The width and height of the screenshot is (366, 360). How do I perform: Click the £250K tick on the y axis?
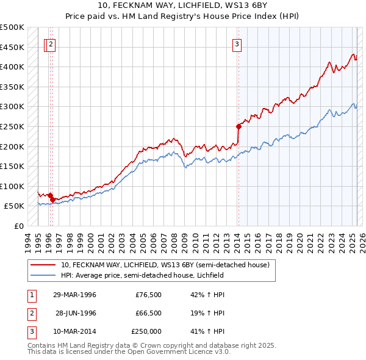13,126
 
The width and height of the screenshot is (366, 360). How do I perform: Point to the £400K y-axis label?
13,67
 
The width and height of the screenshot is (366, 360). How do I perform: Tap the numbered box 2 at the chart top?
51,43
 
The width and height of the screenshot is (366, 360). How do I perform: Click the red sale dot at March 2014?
239,126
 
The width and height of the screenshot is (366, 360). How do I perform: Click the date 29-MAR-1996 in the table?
74,295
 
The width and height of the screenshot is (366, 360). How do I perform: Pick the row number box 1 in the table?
32,295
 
